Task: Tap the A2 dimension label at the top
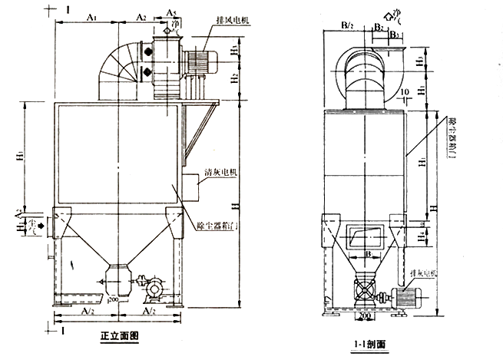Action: click(x=141, y=15)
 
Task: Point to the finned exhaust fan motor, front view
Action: click(x=204, y=60)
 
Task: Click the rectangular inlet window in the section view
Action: click(x=366, y=236)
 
